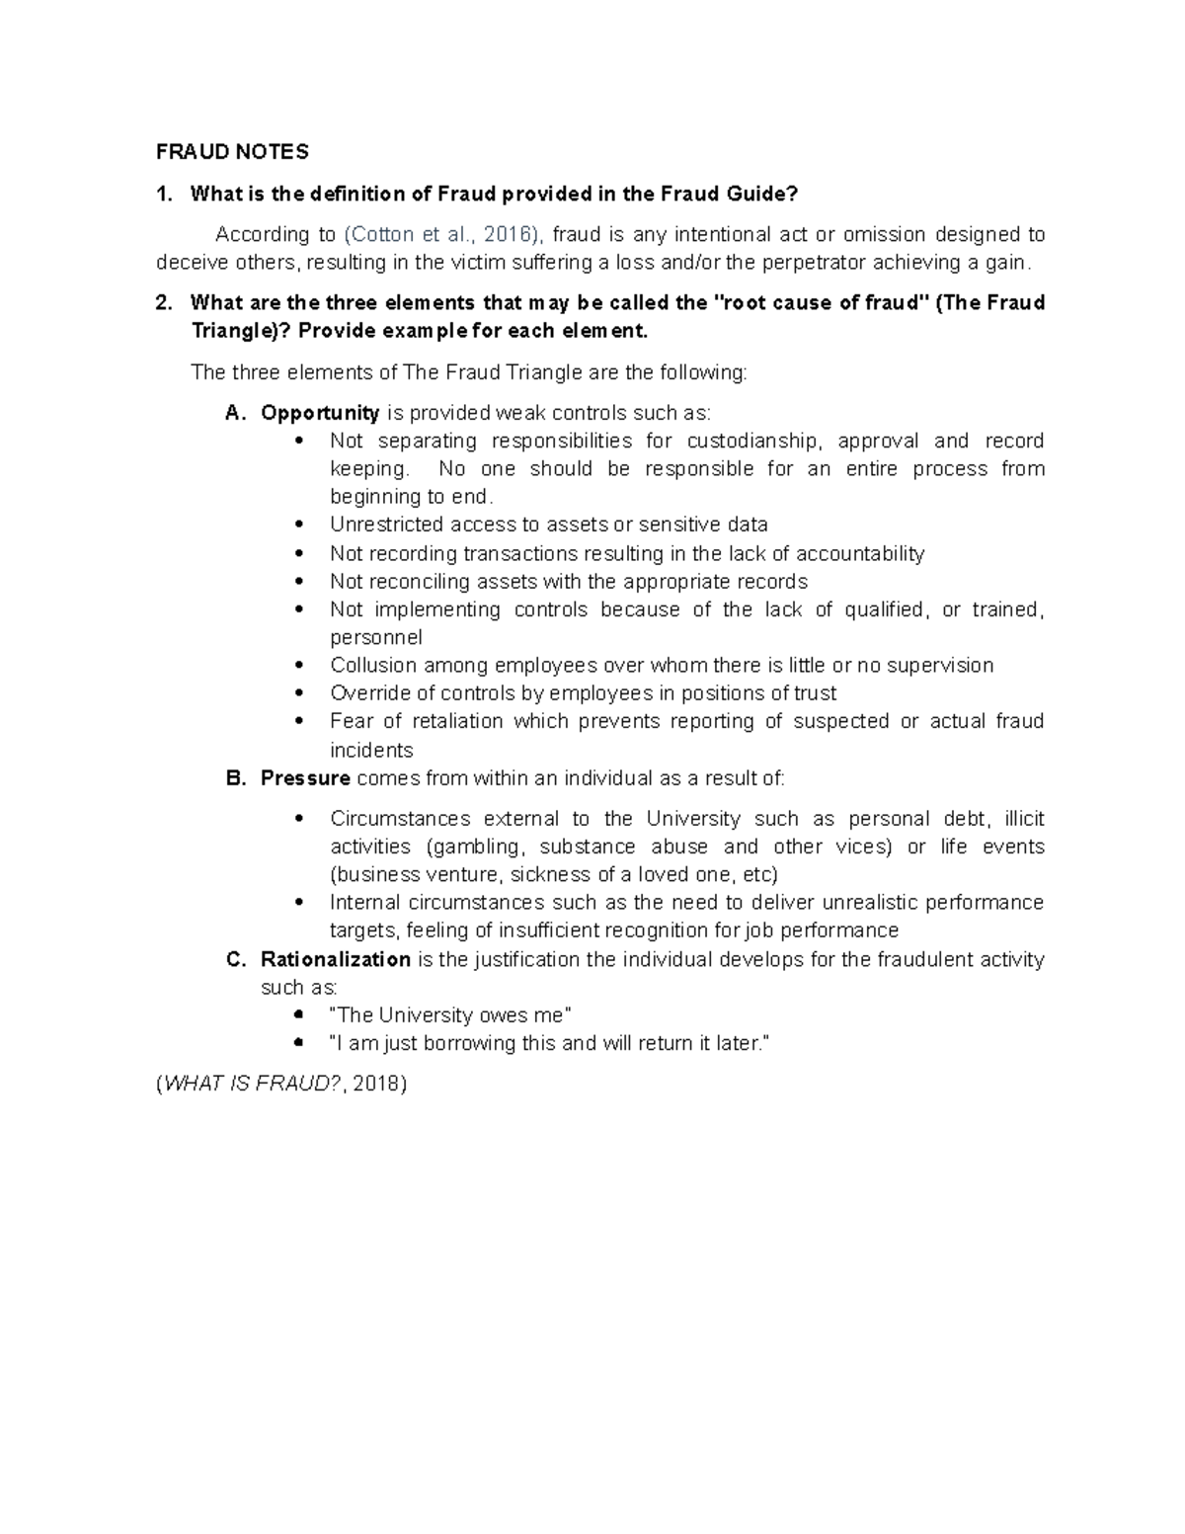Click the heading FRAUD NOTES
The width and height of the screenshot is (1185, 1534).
click(232, 151)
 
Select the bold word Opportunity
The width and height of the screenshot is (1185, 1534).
click(320, 412)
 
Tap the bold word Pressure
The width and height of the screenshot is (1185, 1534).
click(305, 778)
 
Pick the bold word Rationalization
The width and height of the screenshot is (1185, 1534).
click(336, 959)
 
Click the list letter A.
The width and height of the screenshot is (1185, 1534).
click(233, 412)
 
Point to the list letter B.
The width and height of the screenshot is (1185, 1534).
click(234, 778)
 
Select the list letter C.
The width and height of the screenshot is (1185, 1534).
click(234, 959)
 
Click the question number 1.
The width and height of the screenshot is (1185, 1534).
click(163, 194)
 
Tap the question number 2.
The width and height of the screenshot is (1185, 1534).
click(163, 302)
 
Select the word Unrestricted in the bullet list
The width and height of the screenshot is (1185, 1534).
click(388, 525)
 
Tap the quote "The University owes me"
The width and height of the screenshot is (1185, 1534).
click(449, 1014)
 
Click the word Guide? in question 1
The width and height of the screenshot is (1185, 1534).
click(759, 194)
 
